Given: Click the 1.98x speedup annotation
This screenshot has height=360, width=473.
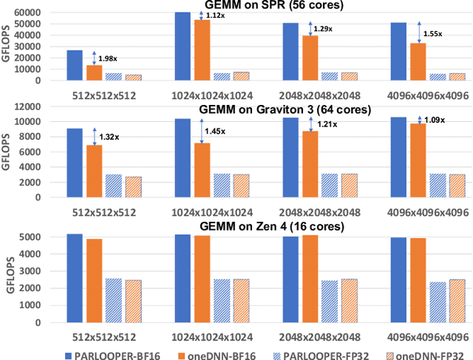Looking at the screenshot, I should pos(107,58).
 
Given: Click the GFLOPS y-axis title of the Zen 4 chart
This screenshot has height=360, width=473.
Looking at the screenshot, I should pos(10,282).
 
